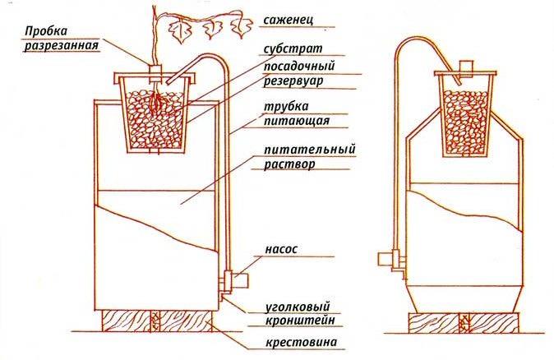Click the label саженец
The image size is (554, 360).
click(x=288, y=20)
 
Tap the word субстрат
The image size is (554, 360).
click(x=293, y=48)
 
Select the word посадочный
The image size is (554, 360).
click(x=299, y=66)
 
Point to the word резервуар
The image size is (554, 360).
click(x=293, y=81)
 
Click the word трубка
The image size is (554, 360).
click(x=286, y=106)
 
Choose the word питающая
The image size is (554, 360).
click(x=297, y=121)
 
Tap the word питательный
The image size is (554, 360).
click(x=310, y=149)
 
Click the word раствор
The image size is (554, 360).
click(x=289, y=164)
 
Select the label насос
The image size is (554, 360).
click(x=281, y=249)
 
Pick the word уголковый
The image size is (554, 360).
click(x=298, y=307)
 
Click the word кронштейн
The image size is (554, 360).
click(x=300, y=321)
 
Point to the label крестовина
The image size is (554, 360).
click(x=301, y=343)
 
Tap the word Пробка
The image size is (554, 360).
click(x=46, y=31)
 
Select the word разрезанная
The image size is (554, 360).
click(x=61, y=46)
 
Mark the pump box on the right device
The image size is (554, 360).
click(x=385, y=259)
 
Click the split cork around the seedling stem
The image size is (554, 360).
click(x=155, y=74)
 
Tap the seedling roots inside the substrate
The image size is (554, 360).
click(x=156, y=102)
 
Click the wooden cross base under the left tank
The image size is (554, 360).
click(x=157, y=321)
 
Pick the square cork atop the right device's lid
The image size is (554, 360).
click(x=466, y=67)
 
